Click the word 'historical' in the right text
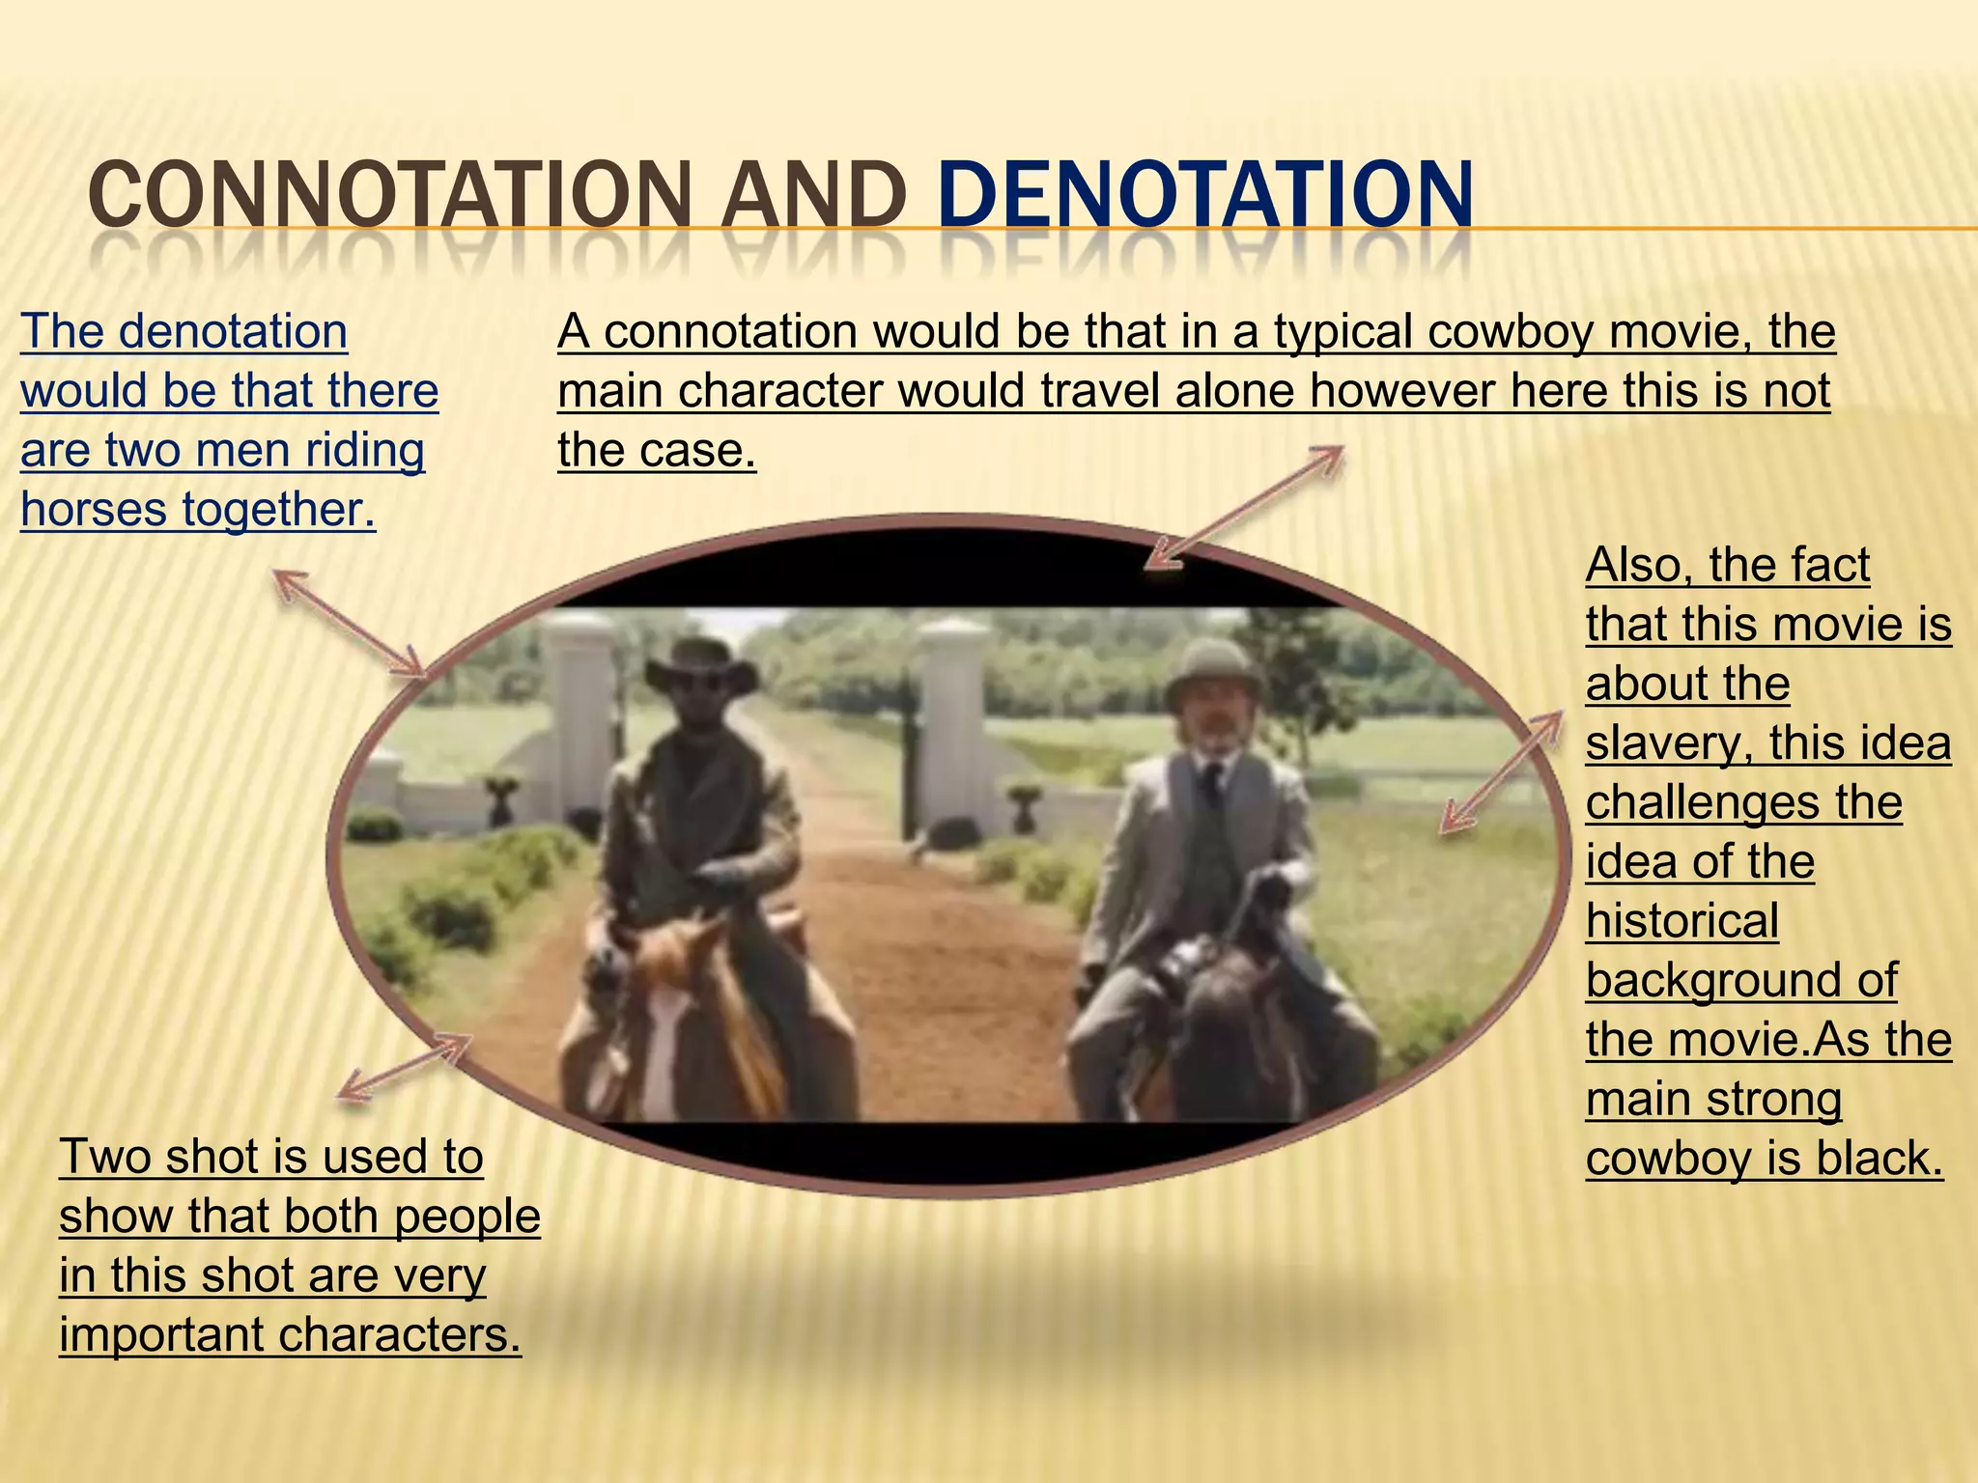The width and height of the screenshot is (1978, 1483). tap(1681, 920)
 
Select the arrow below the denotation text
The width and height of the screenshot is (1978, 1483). tap(348, 622)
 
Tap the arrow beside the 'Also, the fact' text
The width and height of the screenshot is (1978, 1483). tap(1501, 772)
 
